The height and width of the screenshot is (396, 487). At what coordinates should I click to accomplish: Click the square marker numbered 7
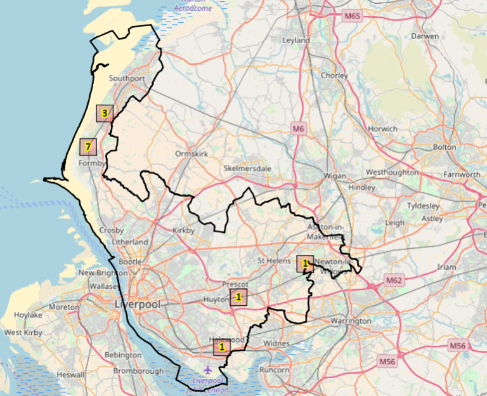88,147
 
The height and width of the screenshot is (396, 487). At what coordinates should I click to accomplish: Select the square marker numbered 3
104,114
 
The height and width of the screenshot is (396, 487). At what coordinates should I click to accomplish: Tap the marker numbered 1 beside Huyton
238,297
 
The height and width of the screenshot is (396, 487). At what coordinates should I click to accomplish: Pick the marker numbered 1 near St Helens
305,263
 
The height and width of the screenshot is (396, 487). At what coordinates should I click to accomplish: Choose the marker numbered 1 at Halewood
221,347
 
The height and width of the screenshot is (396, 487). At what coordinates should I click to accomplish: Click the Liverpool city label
136,304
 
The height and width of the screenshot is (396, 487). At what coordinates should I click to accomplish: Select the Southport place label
127,79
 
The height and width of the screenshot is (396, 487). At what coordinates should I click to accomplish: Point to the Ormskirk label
192,154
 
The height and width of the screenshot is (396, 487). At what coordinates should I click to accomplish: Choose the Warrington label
351,321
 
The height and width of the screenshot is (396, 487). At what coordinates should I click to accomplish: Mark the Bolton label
444,147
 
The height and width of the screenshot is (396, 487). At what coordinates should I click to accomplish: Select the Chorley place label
334,76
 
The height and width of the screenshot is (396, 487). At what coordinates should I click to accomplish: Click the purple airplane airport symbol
207,369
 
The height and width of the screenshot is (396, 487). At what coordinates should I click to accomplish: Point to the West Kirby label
22,333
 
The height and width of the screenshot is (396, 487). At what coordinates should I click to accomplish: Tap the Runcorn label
275,369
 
